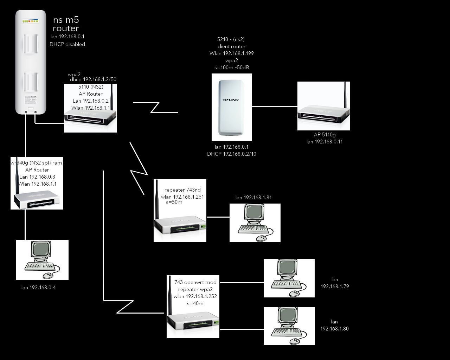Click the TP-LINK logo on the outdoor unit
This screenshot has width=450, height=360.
pos(231,100)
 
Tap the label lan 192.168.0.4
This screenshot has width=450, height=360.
pos(39,288)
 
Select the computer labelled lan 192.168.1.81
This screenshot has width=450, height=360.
pos(255,223)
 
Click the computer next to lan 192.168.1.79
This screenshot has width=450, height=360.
pos(289,278)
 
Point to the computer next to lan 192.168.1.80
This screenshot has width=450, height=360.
pos(289,326)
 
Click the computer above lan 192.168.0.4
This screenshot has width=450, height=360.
pos(42,260)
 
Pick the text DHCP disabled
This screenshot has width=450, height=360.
pos(67,44)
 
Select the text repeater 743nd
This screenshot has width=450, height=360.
pos(182,190)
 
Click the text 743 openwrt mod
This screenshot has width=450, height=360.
pos(195,282)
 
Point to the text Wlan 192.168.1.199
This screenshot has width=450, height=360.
pos(232,53)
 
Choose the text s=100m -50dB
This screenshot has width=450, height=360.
pos(232,67)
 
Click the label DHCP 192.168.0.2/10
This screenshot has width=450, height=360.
pos(232,154)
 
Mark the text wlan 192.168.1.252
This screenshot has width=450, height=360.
pos(195,296)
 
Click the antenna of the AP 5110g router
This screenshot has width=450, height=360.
pos(346,95)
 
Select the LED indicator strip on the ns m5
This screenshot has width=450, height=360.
pos(30,21)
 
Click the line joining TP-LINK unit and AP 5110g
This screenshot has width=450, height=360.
pos(275,107)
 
